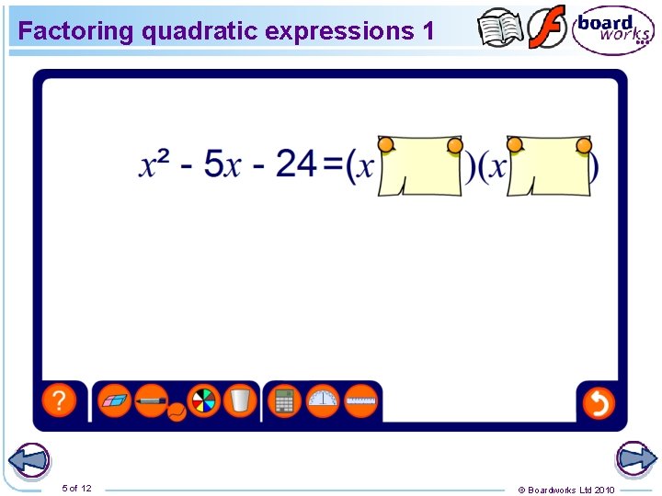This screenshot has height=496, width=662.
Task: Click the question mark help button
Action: [x=59, y=401]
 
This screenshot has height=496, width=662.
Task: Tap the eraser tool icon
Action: [x=115, y=401]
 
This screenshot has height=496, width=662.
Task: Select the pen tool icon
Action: [x=152, y=401]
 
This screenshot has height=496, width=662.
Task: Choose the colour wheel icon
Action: [x=203, y=401]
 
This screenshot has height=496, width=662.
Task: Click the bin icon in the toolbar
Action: [x=239, y=401]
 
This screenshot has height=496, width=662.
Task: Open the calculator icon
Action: [x=285, y=401]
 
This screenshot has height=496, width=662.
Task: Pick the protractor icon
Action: [x=323, y=401]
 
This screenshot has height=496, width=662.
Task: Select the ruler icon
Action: [x=360, y=401]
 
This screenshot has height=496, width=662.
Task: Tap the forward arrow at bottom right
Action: [x=634, y=459]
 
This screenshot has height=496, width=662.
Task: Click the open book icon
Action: [x=501, y=28]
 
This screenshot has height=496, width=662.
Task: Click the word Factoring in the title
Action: [x=76, y=30]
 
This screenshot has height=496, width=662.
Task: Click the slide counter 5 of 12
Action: [x=76, y=488]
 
